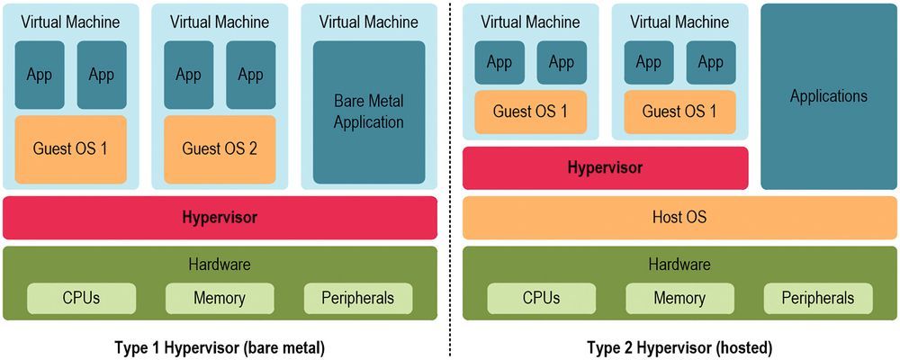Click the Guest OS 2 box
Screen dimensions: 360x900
[x=220, y=148]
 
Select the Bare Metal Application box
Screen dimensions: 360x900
[x=369, y=112]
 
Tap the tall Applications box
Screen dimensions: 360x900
[x=828, y=96]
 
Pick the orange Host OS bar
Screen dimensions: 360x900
[x=679, y=217]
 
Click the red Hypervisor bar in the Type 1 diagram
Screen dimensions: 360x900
[x=220, y=218]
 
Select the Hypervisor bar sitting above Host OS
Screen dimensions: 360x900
[x=605, y=168]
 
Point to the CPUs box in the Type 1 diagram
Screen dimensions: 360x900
[x=82, y=298]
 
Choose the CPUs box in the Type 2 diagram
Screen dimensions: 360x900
[x=541, y=298]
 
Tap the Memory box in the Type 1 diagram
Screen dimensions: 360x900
[x=220, y=298]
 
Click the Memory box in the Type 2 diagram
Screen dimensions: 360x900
[x=679, y=298]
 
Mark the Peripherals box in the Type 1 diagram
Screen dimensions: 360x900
[x=358, y=298]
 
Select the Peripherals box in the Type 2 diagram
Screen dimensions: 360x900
[x=817, y=298]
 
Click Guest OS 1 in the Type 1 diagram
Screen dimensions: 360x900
[x=71, y=148]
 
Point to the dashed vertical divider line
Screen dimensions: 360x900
[x=450, y=180]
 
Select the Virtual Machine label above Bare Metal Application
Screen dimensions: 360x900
[x=369, y=22]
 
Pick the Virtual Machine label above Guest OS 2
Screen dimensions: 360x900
[x=220, y=22]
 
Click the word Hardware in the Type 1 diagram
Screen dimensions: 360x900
[x=220, y=265]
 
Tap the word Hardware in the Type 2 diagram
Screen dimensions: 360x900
[x=679, y=265]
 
